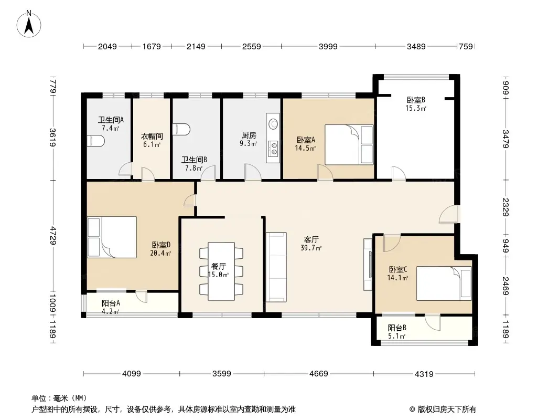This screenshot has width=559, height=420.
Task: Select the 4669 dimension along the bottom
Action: (x=318, y=374)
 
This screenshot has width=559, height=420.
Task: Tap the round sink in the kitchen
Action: (x=273, y=124)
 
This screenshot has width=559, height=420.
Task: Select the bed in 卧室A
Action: (x=348, y=144)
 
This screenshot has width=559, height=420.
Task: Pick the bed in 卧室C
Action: (x=444, y=283)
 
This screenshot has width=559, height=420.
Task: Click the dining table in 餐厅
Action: (x=221, y=271)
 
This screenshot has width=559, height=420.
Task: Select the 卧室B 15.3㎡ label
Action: (x=415, y=104)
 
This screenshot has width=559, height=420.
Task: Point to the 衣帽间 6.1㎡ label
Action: (x=151, y=140)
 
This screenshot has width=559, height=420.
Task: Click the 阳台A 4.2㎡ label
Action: (x=111, y=307)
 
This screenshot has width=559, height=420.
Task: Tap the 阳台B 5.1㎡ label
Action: (x=397, y=332)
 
